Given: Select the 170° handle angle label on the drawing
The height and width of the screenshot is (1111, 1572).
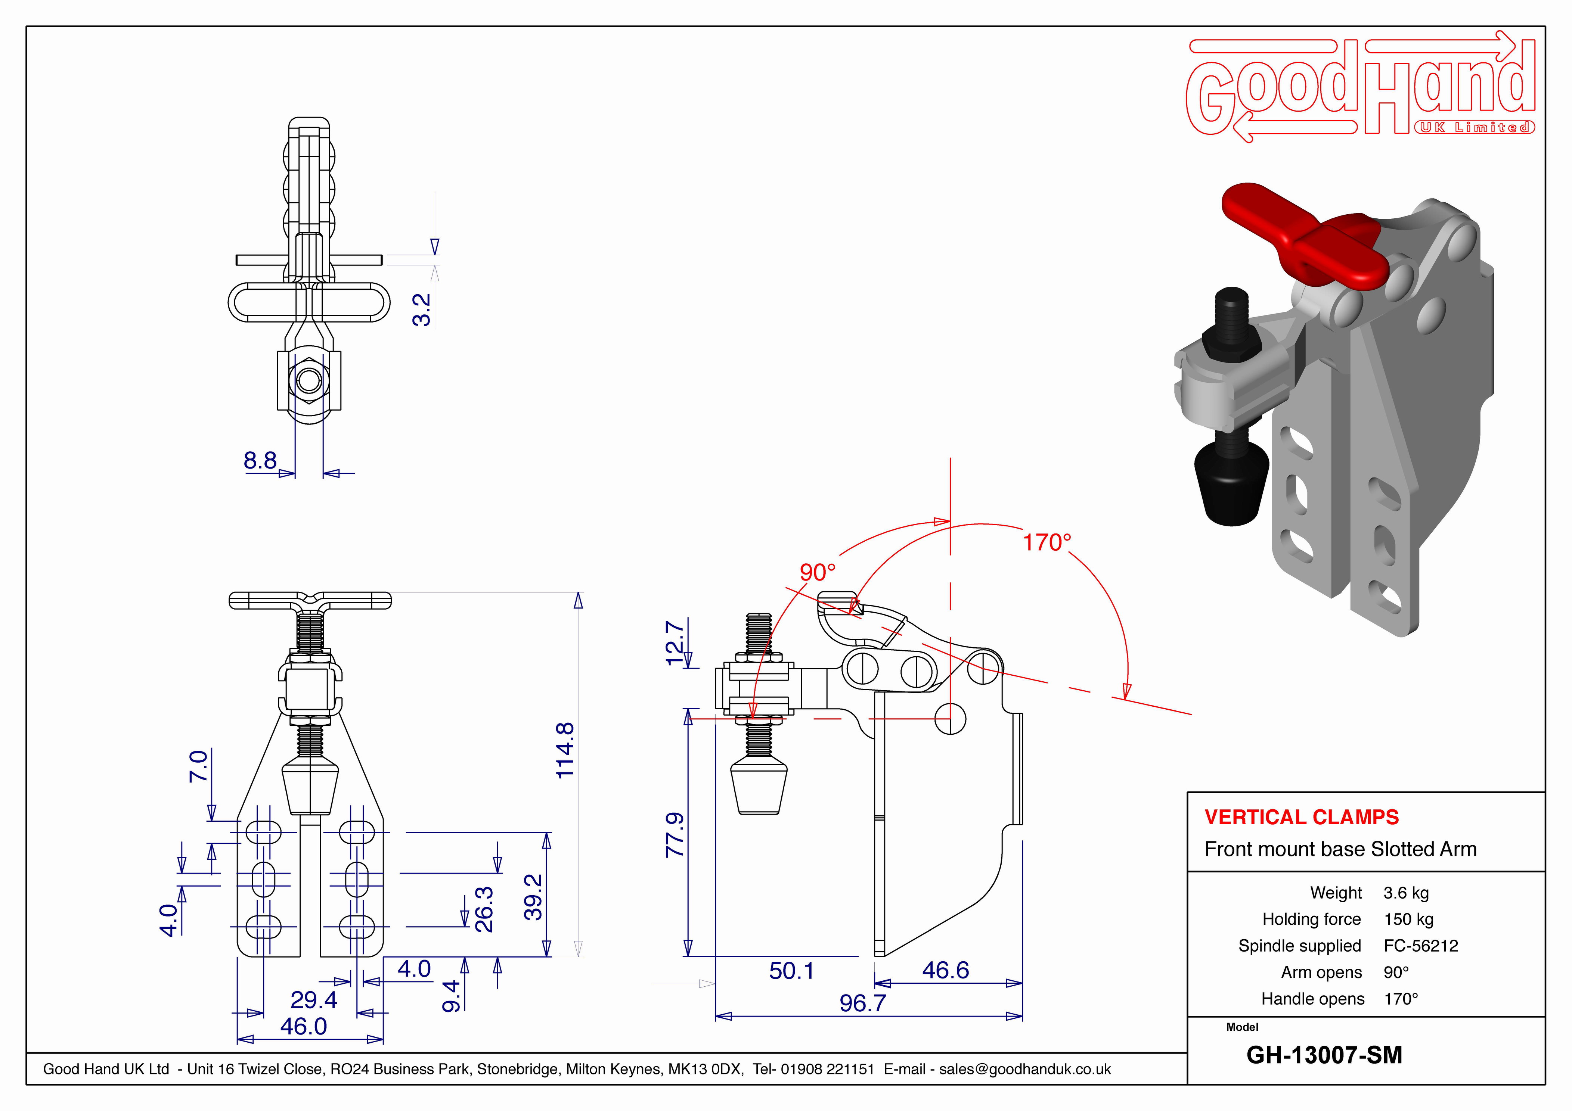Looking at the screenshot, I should click(1046, 542).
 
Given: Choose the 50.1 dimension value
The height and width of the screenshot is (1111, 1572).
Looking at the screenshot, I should click(791, 971).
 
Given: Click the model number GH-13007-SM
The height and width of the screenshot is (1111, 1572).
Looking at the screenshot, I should click(1324, 1055).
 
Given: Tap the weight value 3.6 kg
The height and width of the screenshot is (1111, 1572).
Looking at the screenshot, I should click(1406, 893).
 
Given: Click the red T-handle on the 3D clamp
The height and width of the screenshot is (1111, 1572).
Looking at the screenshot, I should click(1301, 240).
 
